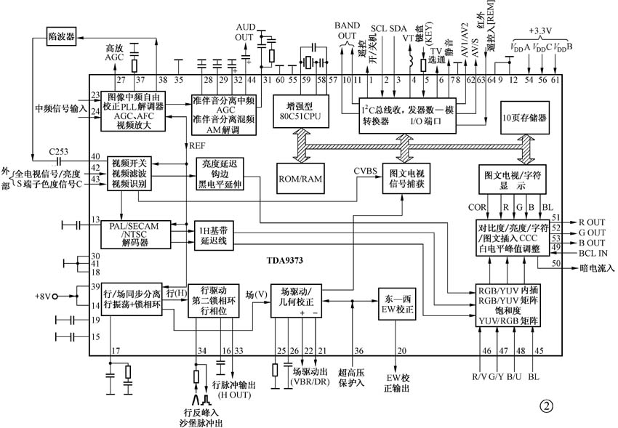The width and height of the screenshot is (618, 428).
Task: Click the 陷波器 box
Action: (x=61, y=35)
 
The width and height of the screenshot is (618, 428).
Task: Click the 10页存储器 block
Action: (x=524, y=116)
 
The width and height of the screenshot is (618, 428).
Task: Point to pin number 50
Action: (x=555, y=263)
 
